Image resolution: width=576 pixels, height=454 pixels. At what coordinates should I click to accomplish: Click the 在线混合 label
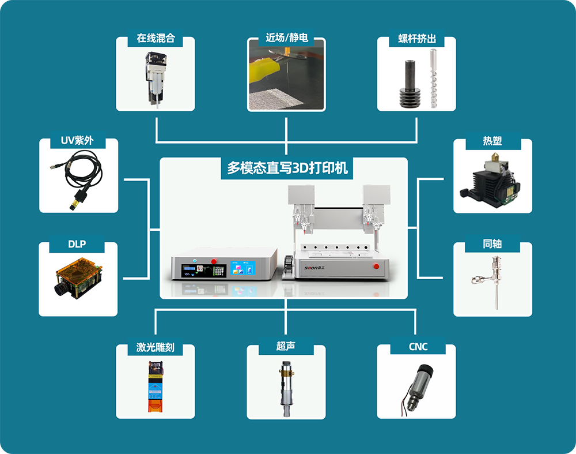pyautogui.click(x=156, y=38)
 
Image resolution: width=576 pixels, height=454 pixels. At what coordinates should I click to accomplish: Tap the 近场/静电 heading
pyautogui.click(x=286, y=37)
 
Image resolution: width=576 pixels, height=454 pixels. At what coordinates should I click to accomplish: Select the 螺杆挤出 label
pyautogui.click(x=417, y=39)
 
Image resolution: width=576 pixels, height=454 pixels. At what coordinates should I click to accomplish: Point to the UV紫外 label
pyautogui.click(x=77, y=140)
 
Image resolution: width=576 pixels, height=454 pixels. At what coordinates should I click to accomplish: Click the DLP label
pyautogui.click(x=77, y=244)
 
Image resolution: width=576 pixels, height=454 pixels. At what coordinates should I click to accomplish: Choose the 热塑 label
pyautogui.click(x=492, y=141)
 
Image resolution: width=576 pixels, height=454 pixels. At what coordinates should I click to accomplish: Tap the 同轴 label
pyautogui.click(x=492, y=244)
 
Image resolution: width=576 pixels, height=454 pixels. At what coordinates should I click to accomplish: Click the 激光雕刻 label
pyautogui.click(x=156, y=347)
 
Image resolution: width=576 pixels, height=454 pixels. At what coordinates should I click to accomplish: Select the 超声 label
pyautogui.click(x=286, y=346)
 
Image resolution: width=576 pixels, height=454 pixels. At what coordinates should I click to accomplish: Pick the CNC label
pyautogui.click(x=418, y=347)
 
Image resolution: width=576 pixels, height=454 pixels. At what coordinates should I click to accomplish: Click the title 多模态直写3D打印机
pyautogui.click(x=287, y=168)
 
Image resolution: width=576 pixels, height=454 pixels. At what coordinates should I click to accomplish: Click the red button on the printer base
pyautogui.click(x=376, y=266)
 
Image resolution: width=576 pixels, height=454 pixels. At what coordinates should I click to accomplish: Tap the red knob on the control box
pyautogui.click(x=214, y=261)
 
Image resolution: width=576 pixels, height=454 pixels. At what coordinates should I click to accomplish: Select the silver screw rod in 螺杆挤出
pyautogui.click(x=434, y=78)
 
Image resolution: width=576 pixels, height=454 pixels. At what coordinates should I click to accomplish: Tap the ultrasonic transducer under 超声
pyautogui.click(x=286, y=389)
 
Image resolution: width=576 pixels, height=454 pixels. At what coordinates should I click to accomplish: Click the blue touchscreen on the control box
pyautogui.click(x=243, y=268)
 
